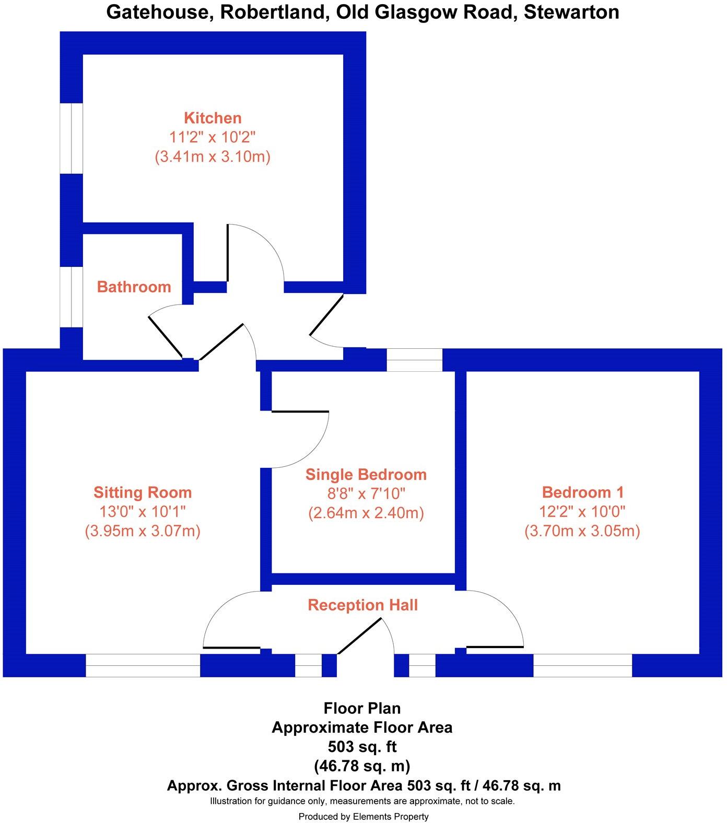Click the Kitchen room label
pos(213,118)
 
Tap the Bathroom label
pos(134,287)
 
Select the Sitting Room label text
pos(143,492)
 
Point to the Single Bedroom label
pos(366,475)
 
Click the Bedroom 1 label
pos(583,492)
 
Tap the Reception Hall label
pos(363,605)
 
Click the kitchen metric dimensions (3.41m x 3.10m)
pos(213,157)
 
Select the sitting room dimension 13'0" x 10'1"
pos(143,512)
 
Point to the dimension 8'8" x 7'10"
pos(366,493)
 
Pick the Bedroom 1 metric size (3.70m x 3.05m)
pos(582,531)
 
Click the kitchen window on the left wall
pos(72,138)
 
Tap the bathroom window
pos(72,298)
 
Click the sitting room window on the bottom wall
pos(143,665)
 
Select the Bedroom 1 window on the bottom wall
pos(583,665)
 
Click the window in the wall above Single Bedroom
pos(414,360)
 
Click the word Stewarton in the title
pos(571,11)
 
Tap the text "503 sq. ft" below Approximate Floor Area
pos(362,747)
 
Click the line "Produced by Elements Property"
pos(363,816)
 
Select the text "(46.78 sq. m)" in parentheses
pos(362,766)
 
